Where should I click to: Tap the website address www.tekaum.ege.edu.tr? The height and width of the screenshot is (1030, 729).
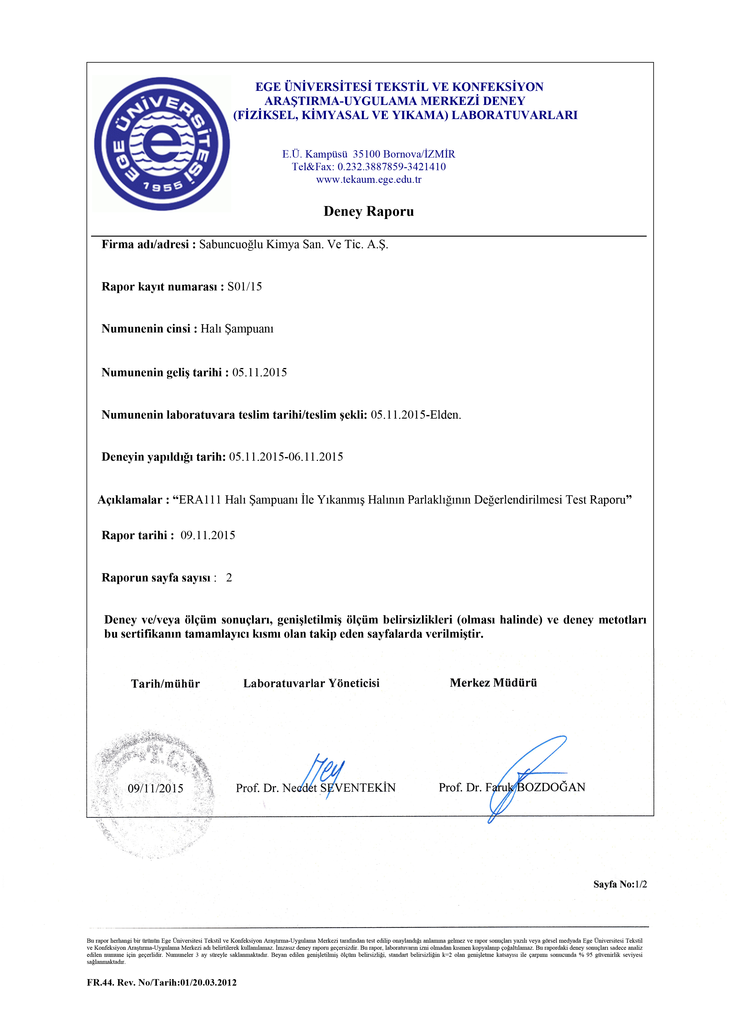click(368, 180)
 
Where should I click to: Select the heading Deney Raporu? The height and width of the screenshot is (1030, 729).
click(368, 211)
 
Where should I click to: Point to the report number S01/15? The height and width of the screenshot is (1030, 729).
click(245, 287)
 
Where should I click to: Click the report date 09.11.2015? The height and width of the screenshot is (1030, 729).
click(208, 535)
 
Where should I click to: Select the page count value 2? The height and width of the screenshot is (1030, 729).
click(229, 578)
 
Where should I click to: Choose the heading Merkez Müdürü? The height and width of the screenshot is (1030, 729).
click(493, 683)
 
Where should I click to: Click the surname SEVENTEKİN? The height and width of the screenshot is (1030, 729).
click(358, 788)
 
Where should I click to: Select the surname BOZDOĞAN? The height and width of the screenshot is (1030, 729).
click(551, 787)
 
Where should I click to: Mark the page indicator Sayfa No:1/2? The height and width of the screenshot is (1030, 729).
click(620, 884)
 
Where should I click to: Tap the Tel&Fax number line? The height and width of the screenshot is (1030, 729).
click(368, 167)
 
